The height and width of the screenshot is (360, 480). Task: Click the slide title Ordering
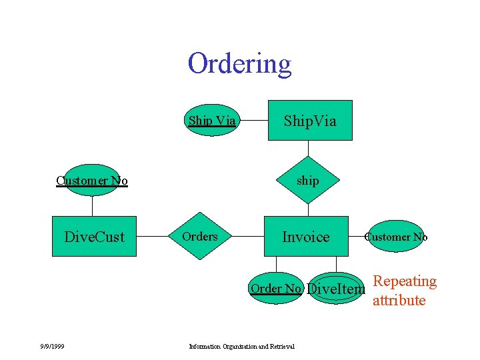coord(239,64)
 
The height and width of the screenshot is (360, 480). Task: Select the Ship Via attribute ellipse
coord(211,121)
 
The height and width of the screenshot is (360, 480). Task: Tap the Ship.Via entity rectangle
coord(310,121)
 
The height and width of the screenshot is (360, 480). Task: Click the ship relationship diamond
coord(307,181)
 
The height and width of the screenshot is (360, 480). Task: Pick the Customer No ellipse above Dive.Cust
coord(92,180)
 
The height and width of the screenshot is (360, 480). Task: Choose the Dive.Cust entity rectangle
coord(94,237)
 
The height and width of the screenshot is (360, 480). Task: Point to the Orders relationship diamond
coord(199,237)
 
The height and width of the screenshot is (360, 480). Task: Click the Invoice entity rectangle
coord(306,237)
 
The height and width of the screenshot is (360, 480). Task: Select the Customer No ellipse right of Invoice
coord(396,237)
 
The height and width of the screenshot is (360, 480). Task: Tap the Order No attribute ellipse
coord(276,289)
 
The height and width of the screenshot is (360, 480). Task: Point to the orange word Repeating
coord(404,281)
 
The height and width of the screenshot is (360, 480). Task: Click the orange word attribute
coord(399,300)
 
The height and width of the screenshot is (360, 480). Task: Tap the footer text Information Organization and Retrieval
coord(242,345)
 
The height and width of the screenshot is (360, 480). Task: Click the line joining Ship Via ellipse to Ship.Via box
coord(253,121)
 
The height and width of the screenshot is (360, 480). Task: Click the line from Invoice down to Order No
coord(276,265)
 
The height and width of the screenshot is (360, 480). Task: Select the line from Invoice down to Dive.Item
coord(337,265)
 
